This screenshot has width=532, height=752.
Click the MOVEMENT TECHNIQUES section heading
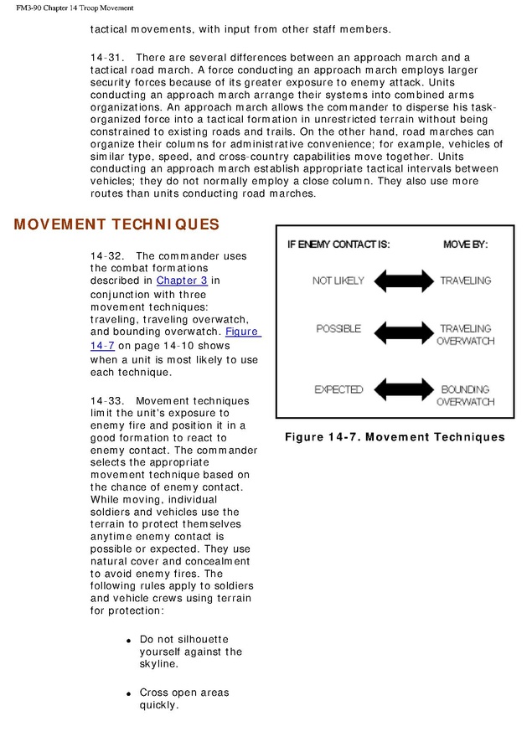click(116, 224)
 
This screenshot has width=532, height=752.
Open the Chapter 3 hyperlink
click(182, 281)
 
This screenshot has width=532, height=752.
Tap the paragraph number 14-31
click(106, 56)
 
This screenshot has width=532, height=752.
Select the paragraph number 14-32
click(106, 255)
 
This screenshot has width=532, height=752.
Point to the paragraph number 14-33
click(106, 401)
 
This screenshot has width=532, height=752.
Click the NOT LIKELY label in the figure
click(338, 281)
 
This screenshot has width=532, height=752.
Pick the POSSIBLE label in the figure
click(338, 328)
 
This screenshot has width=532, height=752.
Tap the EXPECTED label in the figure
click(338, 389)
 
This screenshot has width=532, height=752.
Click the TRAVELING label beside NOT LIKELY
click(465, 281)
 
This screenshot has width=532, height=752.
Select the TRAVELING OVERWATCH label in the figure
click(465, 335)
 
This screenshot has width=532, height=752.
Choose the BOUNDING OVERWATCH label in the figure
click(465, 395)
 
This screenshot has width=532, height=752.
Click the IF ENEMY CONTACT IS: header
click(338, 245)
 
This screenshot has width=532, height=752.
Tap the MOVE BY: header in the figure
click(465, 245)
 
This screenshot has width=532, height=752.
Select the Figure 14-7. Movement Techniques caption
click(395, 437)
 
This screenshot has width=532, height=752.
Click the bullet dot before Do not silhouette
click(129, 641)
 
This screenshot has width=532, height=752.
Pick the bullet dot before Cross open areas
click(129, 694)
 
